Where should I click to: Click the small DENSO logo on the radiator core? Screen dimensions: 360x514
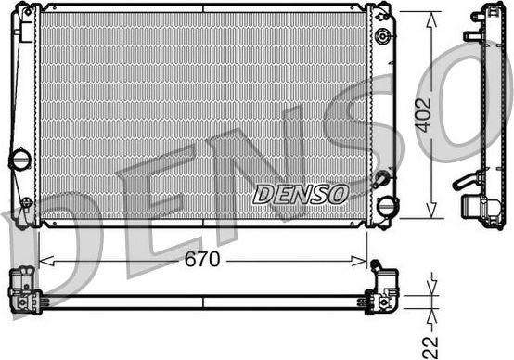point(300,194)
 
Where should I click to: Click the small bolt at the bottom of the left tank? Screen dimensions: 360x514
point(27,202)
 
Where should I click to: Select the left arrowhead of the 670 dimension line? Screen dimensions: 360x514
point(43,262)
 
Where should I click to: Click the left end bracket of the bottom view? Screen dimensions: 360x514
point(22,289)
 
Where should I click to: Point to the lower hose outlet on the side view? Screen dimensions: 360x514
point(466,184)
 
